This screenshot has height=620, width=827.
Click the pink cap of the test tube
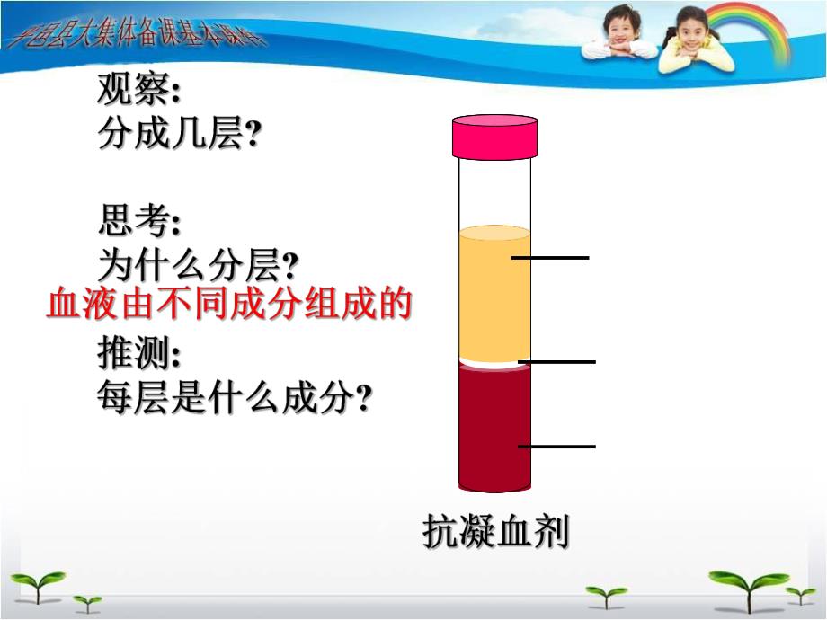pyautogui.click(x=495, y=136)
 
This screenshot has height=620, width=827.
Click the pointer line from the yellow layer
pyautogui.click(x=550, y=258)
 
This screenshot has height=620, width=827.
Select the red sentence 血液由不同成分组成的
pyautogui.click(x=228, y=306)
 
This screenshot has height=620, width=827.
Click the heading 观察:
pyautogui.click(x=138, y=90)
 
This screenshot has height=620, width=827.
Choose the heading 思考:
pyautogui.click(x=138, y=221)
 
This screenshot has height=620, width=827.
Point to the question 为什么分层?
pyautogui.click(x=198, y=265)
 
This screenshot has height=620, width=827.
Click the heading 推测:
pyautogui.click(x=138, y=355)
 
